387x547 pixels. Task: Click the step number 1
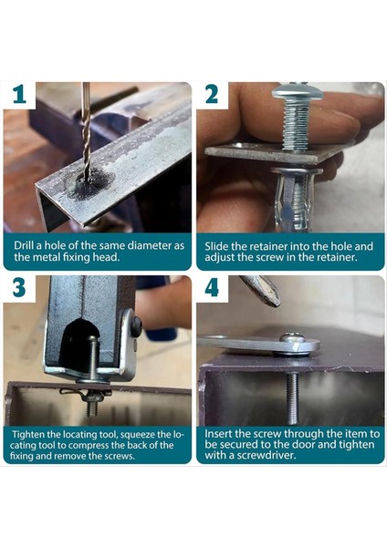coord(19,94)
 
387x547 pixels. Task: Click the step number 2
coord(212,94)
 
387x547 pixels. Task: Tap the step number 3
coord(19,287)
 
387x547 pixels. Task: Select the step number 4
coord(212,287)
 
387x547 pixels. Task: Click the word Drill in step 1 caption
coord(23,245)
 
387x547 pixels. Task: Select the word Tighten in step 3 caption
coord(28,435)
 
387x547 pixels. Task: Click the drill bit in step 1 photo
coord(86,130)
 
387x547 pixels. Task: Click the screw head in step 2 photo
coord(297,90)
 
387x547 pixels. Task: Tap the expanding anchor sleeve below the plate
coord(292,200)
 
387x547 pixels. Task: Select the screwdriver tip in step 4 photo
coord(266,292)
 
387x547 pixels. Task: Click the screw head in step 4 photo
coord(293,337)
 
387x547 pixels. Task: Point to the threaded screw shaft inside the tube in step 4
coord(293,398)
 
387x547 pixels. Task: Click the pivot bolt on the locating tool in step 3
coord(136,325)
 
